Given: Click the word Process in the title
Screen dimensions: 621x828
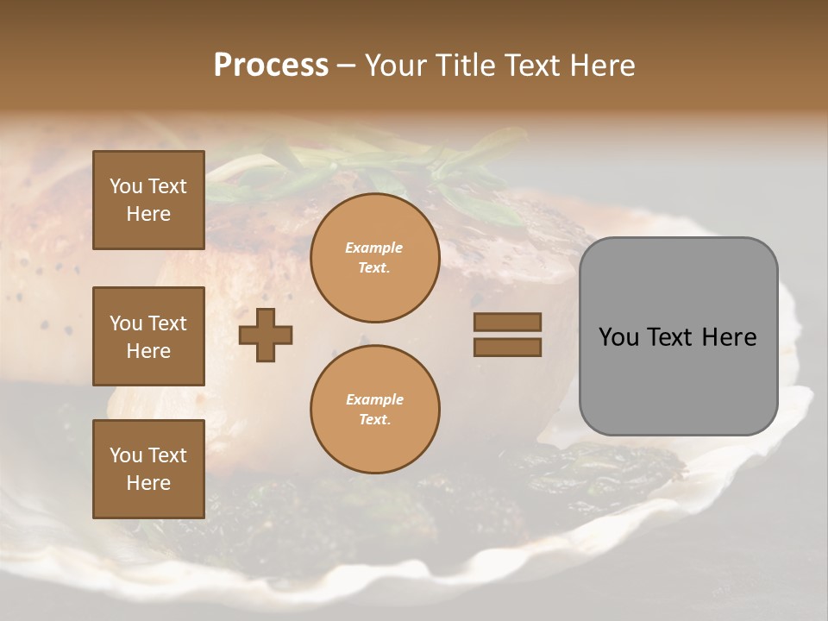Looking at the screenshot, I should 271,66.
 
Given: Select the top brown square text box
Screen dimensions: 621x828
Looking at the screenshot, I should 148,200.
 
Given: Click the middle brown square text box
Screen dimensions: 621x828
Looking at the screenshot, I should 148,336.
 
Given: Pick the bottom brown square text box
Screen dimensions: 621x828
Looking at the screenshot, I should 148,469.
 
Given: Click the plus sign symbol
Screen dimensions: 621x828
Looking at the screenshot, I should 266,334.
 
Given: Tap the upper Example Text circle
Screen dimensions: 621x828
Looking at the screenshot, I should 374,258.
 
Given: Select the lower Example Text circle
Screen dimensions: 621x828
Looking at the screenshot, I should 374,410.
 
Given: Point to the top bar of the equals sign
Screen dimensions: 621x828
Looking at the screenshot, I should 507,322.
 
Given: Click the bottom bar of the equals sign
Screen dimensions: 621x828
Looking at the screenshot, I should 507,347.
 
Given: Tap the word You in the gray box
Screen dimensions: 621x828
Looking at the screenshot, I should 618,337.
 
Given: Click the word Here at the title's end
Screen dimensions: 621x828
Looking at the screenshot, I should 602,66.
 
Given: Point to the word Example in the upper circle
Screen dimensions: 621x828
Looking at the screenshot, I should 374,248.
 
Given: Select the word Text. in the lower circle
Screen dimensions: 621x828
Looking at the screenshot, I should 374,420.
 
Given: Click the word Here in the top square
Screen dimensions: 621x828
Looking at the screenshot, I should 148,214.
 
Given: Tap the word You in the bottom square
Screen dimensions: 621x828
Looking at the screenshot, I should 126,455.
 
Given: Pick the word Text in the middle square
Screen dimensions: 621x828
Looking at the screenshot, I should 167,323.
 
